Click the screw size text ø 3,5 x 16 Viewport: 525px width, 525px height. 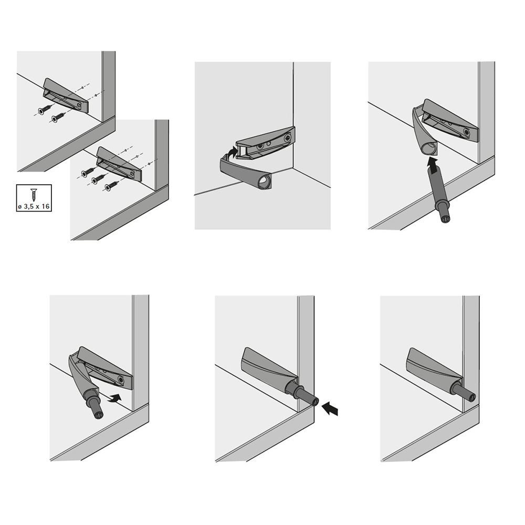[x=34, y=206]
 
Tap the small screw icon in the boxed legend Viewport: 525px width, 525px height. [x=34, y=195]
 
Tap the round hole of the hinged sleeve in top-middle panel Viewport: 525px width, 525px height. [x=264, y=183]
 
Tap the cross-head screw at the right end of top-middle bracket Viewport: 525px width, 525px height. [x=288, y=137]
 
